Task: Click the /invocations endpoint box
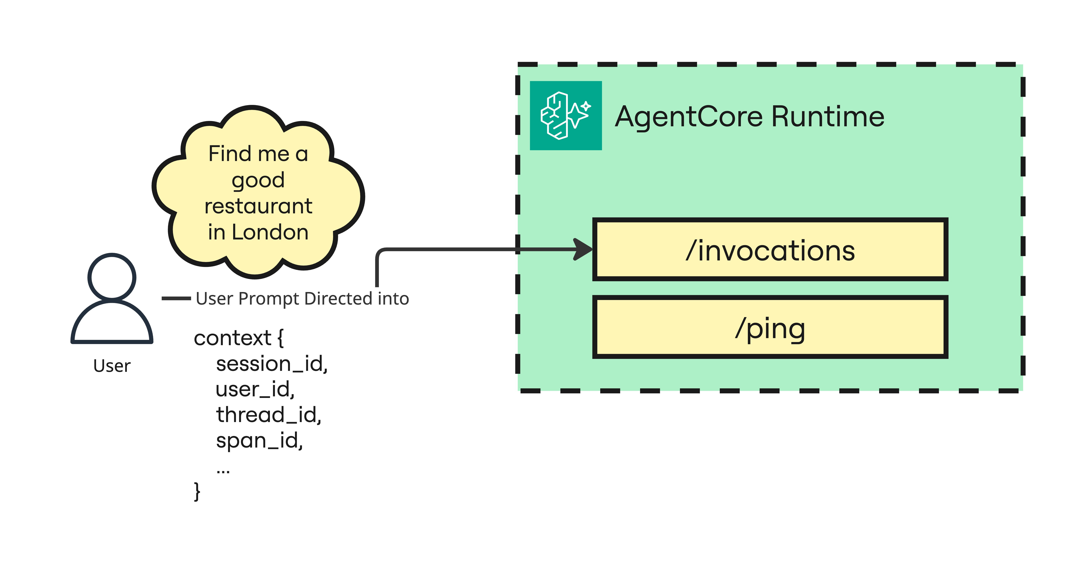770,249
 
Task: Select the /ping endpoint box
770,327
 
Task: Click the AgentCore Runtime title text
749,116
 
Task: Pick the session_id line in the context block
272,364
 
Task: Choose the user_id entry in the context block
255,389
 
